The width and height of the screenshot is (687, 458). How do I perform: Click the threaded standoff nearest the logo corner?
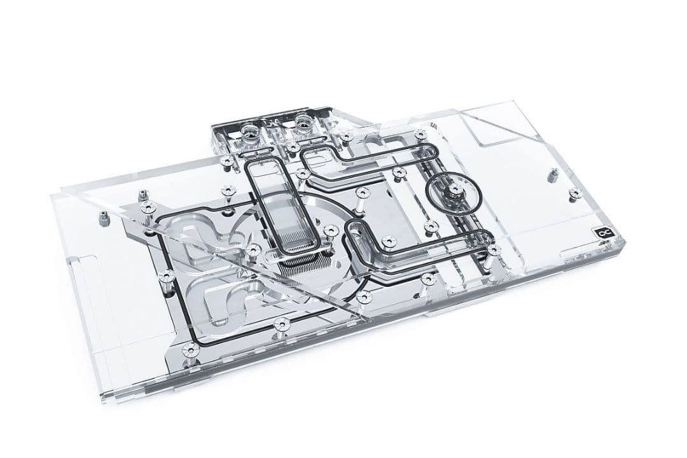click(573, 192)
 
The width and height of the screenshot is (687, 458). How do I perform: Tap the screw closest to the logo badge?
click(493, 250)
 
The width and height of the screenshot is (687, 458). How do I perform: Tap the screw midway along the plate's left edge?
click(167, 275)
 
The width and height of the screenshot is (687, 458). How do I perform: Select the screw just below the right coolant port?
click(292, 148)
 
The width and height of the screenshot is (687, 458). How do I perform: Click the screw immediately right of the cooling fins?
click(329, 231)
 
